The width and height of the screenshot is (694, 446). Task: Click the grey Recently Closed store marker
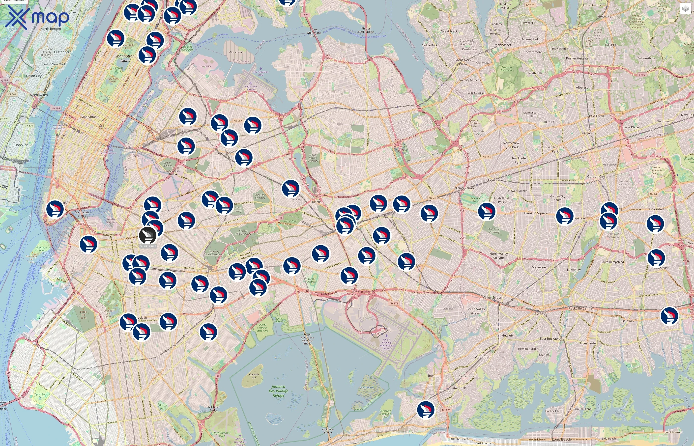point(148,235)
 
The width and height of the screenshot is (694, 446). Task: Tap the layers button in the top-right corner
point(685,9)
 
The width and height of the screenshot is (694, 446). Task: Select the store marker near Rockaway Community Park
point(426,409)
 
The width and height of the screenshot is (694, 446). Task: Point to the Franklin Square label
point(536,213)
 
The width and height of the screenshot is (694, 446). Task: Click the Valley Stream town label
point(493,297)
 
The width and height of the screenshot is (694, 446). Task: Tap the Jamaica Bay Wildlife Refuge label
point(278,391)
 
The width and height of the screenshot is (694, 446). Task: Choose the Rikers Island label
point(236,52)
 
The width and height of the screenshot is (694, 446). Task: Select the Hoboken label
point(21,145)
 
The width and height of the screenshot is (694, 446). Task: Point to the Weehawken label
point(38,95)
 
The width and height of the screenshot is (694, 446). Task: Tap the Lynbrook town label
point(542,313)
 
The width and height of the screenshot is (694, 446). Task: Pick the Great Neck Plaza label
point(463,62)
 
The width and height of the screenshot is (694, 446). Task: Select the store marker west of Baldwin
point(669,316)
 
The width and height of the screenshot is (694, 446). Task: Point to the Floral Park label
point(494,180)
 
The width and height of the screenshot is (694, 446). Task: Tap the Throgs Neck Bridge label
point(366,30)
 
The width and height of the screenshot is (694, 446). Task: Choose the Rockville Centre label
point(580,308)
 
